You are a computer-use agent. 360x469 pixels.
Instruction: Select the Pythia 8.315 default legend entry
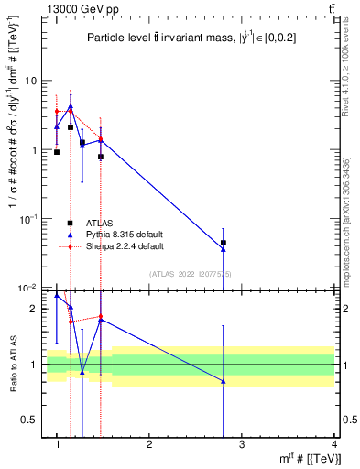(119, 234)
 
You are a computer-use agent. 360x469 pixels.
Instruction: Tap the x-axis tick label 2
(149, 446)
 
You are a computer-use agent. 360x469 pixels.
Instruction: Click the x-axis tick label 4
(335, 446)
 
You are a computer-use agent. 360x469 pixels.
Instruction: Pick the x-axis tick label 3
(242, 446)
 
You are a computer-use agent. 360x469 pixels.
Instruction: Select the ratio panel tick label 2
(35, 310)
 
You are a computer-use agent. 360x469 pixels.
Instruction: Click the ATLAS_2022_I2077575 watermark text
(191, 274)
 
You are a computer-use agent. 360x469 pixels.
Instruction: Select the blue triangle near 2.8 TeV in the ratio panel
(224, 381)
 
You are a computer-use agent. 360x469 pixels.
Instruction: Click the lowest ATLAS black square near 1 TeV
(57, 152)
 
